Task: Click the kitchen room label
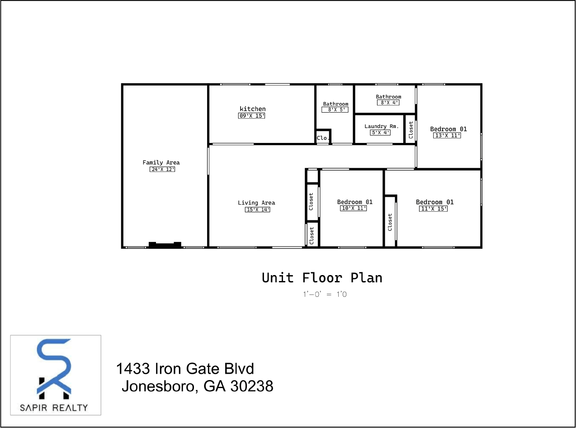252,109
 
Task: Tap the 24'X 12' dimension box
162,169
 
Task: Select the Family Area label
161,162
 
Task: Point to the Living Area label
256,203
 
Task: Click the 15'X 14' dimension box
257,209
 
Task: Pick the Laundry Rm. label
382,126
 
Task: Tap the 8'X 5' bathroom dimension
335,109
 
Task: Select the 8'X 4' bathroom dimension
388,103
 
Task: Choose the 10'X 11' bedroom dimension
353,208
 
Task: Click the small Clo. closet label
322,138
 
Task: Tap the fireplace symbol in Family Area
165,245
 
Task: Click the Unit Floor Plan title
322,277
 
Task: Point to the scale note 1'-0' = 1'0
325,295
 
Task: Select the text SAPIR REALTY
54,407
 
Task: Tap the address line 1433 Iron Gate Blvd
185,369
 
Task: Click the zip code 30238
252,386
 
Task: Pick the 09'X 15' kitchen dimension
251,116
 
